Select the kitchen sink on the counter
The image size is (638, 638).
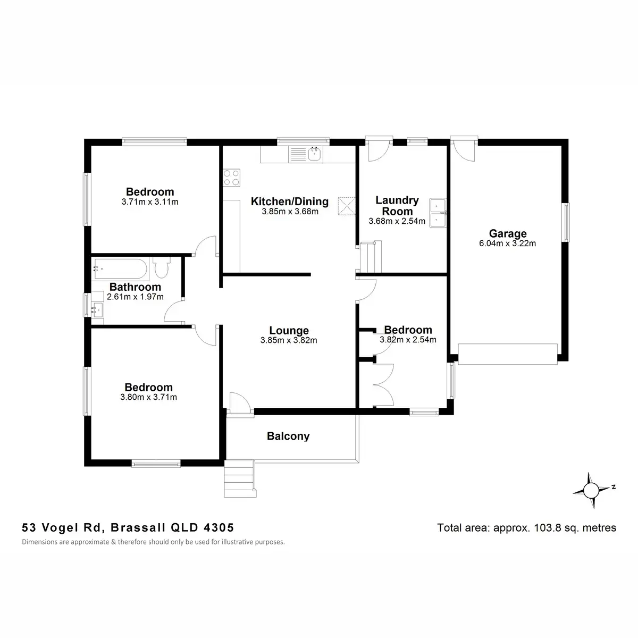(x=313, y=154)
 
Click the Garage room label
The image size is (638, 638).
(x=508, y=233)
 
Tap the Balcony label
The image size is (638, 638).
(x=288, y=436)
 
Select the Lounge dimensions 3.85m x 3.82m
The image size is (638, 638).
(x=289, y=340)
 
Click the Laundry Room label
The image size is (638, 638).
(x=397, y=205)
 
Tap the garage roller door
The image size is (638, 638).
(x=508, y=354)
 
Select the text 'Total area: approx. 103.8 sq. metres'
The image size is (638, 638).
(x=526, y=528)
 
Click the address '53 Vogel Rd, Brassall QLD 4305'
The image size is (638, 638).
(x=128, y=528)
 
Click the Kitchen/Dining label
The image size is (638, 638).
(x=290, y=202)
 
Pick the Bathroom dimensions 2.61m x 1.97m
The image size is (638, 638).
(x=136, y=297)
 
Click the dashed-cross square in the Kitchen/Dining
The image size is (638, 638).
(x=347, y=206)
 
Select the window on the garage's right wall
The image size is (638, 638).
(x=566, y=222)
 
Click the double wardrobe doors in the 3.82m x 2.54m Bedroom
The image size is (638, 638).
(x=383, y=385)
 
